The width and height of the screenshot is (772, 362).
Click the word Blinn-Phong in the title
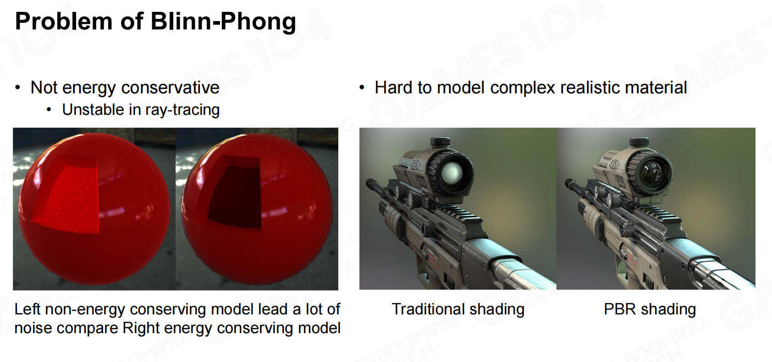[x=223, y=22]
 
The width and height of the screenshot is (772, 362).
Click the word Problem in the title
[x=64, y=22]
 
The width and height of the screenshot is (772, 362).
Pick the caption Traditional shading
[x=458, y=309]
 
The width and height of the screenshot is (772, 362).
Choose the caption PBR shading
[x=650, y=309]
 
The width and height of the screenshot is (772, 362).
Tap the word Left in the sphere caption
[x=28, y=309]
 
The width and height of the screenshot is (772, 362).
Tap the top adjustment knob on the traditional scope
[x=440, y=141]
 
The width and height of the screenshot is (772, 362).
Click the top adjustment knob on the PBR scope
[x=639, y=141]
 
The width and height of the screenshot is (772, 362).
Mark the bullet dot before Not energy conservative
[x=18, y=88]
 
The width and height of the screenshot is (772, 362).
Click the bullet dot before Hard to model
[x=362, y=88]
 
